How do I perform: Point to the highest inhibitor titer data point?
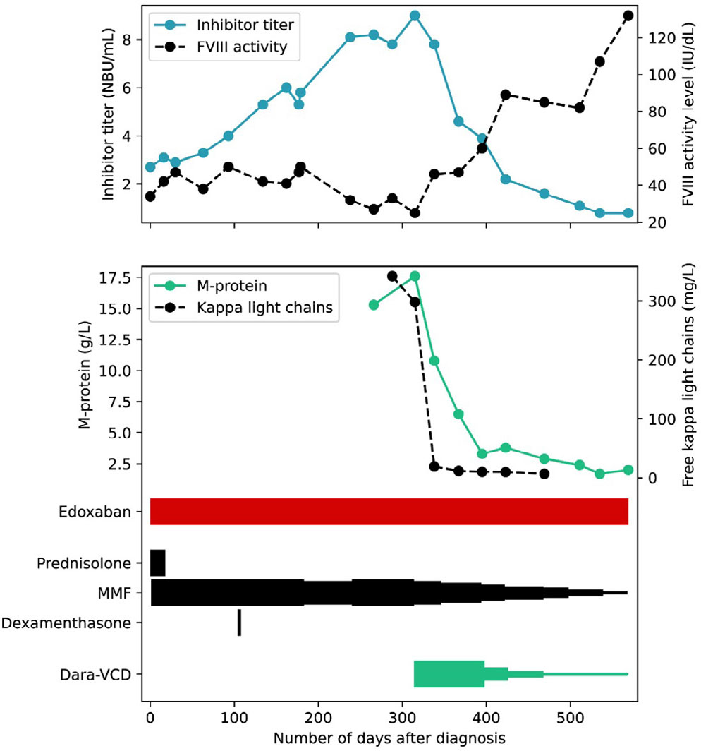tap(415, 16)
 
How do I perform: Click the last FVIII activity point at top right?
tap(628, 16)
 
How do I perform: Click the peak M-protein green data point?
tap(415, 276)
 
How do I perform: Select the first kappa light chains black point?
tap(393, 276)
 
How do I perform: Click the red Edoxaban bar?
tap(389, 511)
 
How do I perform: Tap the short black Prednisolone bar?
tap(158, 563)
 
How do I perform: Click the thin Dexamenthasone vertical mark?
tap(239, 623)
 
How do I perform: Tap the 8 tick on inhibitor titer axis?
tap(128, 40)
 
